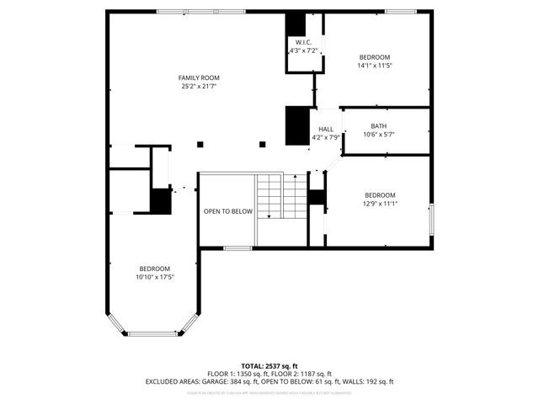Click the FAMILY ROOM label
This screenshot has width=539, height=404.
(x=199, y=77)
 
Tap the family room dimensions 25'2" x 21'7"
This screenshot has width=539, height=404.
(x=199, y=86)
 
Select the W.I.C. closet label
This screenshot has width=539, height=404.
(x=302, y=42)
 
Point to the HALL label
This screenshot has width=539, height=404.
(x=325, y=129)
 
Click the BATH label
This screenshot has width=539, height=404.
(x=378, y=126)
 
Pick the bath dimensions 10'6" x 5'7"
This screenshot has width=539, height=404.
(x=378, y=135)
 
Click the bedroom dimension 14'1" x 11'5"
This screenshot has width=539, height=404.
(x=375, y=65)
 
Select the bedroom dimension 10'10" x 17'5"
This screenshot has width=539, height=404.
(x=154, y=277)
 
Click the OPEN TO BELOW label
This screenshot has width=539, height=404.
(x=227, y=211)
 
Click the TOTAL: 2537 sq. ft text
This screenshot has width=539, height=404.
(x=269, y=366)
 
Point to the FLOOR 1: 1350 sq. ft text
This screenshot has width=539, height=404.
(x=237, y=374)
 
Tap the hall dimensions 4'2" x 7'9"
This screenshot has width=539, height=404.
(x=325, y=137)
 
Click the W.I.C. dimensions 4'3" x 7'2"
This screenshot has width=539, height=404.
(x=302, y=51)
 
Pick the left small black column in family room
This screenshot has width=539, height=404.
(x=200, y=144)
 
